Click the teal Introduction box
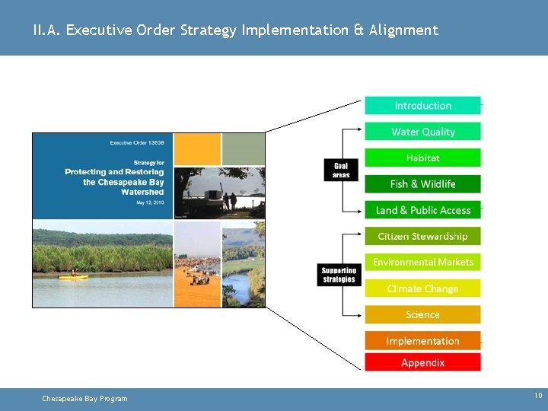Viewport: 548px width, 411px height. (422, 106)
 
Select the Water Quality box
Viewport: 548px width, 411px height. (422, 132)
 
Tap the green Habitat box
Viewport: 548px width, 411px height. (422, 158)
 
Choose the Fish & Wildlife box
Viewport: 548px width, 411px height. (422, 183)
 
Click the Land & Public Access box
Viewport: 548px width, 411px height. (422, 210)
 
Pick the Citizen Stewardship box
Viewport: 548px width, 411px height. (422, 236)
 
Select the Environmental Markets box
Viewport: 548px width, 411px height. (422, 262)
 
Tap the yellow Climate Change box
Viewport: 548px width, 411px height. (422, 288)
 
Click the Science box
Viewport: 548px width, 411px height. (422, 314)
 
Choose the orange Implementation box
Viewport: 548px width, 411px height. (422, 341)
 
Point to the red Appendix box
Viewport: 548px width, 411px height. (422, 362)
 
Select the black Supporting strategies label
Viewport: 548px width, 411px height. (339, 275)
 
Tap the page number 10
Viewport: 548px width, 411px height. (538, 396)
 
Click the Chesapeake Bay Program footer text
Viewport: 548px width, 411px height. (84, 399)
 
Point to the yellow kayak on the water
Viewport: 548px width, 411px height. (74, 276)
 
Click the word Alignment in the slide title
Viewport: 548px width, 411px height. (403, 30)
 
